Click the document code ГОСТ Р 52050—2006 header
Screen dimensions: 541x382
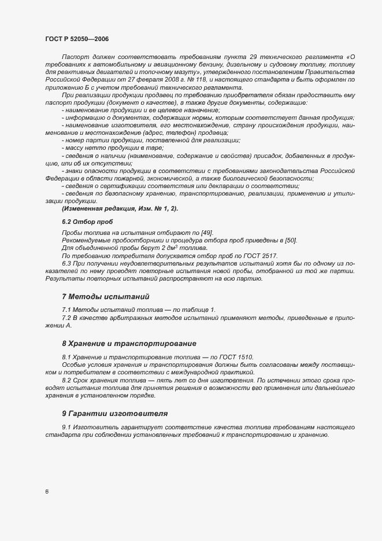pyautogui.click(x=76, y=38)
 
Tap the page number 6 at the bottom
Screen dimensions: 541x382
pyautogui.click(x=46, y=492)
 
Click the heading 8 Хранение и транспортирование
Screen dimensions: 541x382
pyautogui.click(x=129, y=343)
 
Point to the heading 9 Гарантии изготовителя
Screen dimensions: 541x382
pyautogui.click(x=114, y=414)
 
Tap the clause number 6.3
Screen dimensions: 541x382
pyautogui.click(x=67, y=263)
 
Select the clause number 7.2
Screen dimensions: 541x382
pyautogui.click(x=67, y=318)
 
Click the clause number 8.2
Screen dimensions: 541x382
pyautogui.click(x=67, y=380)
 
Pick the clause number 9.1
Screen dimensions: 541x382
pyautogui.click(x=67, y=427)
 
